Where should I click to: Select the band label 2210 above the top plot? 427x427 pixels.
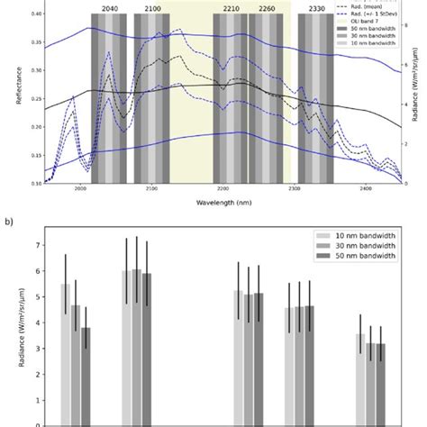point(232,7)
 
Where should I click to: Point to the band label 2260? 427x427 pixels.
point(267,7)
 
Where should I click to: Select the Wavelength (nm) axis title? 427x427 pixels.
point(223,203)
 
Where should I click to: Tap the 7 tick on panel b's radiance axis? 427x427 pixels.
point(37,245)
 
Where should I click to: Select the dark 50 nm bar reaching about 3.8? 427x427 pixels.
point(86,378)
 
